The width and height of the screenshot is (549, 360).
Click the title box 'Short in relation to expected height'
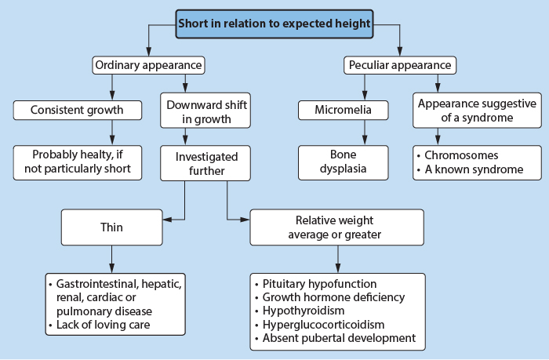point(274,24)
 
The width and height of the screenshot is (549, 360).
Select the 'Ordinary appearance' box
point(148,65)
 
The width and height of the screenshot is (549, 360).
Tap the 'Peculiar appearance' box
point(400,65)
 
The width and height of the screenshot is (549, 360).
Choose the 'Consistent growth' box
point(78,110)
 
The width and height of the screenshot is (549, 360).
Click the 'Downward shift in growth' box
point(205,111)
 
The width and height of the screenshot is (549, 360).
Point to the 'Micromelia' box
point(344,110)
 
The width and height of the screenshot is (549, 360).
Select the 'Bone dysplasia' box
point(344,162)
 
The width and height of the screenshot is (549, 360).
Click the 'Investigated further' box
point(205,163)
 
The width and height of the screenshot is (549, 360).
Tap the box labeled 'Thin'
point(111,227)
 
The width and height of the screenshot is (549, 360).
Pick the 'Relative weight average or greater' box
point(336,227)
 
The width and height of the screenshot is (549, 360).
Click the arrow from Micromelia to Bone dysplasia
point(365,133)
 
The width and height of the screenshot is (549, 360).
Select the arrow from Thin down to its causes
point(111,259)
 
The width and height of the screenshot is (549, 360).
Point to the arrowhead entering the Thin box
point(168,220)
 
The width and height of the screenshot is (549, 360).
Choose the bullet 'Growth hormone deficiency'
point(333,297)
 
